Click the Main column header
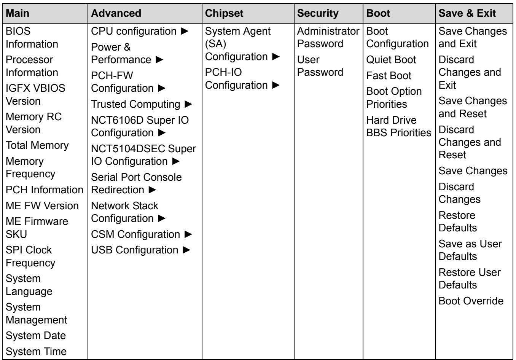point(18,13)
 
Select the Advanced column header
point(116,13)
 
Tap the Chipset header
point(224,13)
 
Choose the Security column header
point(318,13)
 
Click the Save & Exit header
point(467,13)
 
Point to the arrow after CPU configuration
point(185,31)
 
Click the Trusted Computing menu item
point(135,104)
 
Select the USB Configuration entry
point(135,250)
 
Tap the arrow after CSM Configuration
point(188,234)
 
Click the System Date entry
point(36,336)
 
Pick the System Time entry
point(36,352)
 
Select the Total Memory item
point(37,145)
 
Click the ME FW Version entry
point(42,205)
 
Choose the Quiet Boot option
point(391,60)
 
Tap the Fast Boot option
point(389,76)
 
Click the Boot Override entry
point(471,301)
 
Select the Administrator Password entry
point(328,37)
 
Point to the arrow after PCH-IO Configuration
point(276,85)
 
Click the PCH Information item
point(45,190)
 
